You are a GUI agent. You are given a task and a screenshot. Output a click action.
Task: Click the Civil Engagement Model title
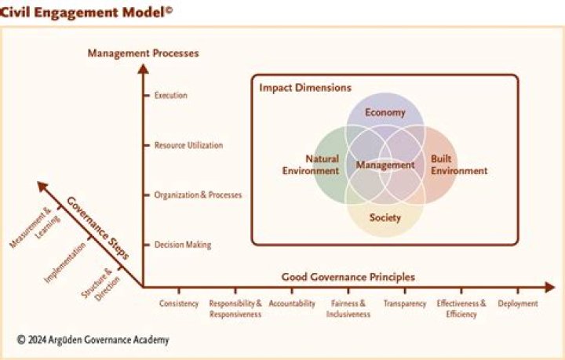(x=86, y=13)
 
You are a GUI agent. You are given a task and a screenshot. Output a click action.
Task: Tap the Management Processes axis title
(x=144, y=53)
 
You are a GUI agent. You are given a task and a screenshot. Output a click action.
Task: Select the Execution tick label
(x=171, y=96)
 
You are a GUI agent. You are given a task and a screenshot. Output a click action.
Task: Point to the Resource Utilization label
(x=188, y=145)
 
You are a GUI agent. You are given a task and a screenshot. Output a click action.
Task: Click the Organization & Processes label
(x=198, y=195)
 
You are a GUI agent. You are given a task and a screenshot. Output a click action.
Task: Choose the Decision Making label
(x=183, y=245)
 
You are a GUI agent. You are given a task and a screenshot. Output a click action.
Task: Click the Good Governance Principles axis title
(x=348, y=277)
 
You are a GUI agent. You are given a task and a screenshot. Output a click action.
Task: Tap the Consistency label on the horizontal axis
(x=179, y=304)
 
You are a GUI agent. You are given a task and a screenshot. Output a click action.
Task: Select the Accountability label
(x=292, y=304)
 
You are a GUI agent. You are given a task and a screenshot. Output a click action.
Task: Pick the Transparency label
(x=405, y=304)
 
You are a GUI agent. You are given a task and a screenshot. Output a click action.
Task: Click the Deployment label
(x=518, y=304)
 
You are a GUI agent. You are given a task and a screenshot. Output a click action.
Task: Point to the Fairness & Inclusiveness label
(x=348, y=309)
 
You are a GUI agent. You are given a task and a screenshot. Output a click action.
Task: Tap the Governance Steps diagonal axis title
(x=97, y=228)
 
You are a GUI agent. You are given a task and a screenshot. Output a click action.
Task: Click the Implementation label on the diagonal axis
(x=65, y=263)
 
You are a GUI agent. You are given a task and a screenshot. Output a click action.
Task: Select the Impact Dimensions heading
(x=305, y=88)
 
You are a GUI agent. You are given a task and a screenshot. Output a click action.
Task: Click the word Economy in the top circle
(x=385, y=112)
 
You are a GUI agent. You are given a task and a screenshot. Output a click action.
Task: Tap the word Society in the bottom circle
(x=385, y=217)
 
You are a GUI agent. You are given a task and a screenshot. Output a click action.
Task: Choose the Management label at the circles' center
(x=385, y=165)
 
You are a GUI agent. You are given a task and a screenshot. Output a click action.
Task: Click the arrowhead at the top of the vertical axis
(x=143, y=68)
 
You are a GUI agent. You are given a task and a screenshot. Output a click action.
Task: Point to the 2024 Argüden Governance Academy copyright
(x=93, y=340)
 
